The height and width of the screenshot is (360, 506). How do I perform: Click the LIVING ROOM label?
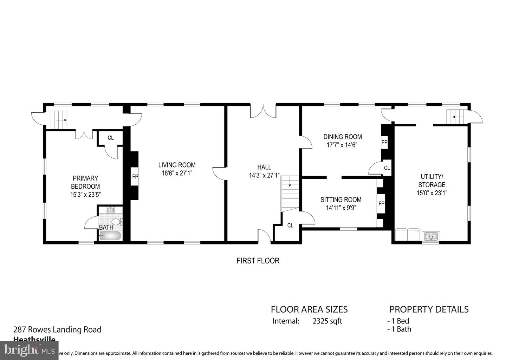point(177,165)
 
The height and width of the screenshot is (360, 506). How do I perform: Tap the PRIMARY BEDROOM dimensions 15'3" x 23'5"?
point(85,195)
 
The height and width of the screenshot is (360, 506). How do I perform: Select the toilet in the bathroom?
point(116,222)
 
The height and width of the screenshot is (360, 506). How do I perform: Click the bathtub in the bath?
point(110,236)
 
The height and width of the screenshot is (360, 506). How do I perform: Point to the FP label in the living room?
point(135,177)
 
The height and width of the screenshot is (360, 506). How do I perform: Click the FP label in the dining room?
point(384,143)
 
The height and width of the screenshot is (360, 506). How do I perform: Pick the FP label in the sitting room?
point(381,204)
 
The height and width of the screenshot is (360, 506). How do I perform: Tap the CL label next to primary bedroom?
point(111,138)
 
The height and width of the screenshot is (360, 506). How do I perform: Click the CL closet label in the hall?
point(290,225)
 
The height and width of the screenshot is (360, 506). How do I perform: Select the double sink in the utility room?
point(431,236)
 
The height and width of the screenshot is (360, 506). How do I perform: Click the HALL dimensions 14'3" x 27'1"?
point(264,175)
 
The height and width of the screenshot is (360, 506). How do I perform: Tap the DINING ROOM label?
point(343,137)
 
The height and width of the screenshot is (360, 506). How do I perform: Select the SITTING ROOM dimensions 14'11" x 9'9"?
point(341,208)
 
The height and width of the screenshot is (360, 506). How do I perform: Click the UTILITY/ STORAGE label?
point(432,181)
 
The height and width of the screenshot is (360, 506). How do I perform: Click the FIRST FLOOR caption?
point(258,261)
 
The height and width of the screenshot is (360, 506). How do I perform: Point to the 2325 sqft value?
point(327,321)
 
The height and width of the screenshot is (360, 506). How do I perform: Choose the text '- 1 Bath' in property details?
point(399,329)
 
